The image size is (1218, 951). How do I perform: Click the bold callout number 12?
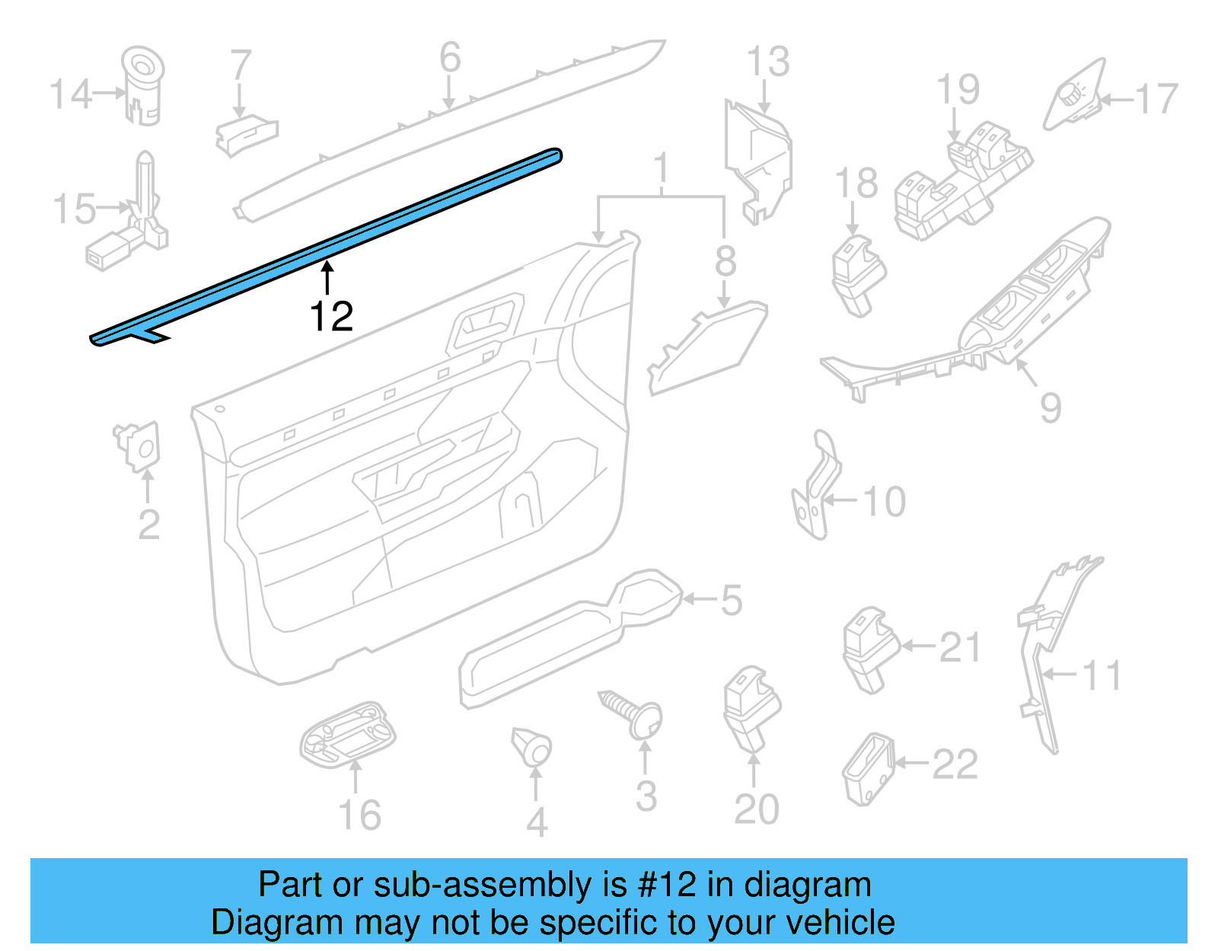(331, 316)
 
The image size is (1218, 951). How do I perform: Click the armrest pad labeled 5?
(571, 640)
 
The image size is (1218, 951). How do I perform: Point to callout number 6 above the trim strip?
(450, 58)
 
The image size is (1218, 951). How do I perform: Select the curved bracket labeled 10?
(816, 487)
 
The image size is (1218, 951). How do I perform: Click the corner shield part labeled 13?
(757, 160)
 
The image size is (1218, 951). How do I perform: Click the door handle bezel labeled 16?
(349, 735)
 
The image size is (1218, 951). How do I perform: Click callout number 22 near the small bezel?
(955, 764)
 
